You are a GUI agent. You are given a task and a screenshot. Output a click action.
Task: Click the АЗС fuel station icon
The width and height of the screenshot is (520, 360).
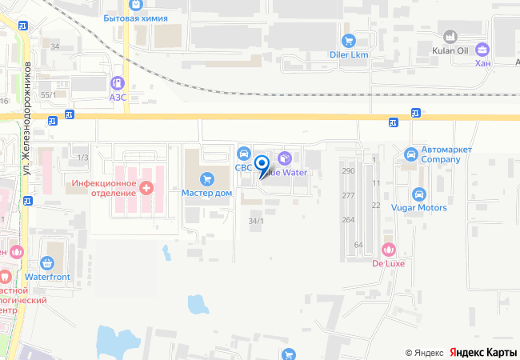(x=118, y=82)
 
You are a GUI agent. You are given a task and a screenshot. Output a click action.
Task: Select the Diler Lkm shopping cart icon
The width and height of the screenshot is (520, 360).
(x=348, y=40)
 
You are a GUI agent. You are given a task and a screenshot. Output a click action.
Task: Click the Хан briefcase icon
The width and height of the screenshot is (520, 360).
(x=482, y=48)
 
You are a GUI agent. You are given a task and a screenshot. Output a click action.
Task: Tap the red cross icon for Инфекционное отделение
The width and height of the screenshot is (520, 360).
(x=146, y=188)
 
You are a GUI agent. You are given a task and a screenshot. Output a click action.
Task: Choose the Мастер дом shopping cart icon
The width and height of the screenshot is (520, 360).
(x=207, y=178)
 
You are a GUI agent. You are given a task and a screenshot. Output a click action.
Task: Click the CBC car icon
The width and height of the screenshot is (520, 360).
(x=244, y=153)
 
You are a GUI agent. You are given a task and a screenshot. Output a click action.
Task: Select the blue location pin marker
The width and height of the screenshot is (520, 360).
(x=262, y=164)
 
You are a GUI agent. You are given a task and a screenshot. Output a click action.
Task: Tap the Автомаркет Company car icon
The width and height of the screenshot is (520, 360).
(x=411, y=153)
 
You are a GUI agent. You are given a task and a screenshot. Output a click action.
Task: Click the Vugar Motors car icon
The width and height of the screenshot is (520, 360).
(x=418, y=194)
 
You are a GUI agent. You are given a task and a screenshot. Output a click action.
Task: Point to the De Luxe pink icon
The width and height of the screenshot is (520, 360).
(x=390, y=249)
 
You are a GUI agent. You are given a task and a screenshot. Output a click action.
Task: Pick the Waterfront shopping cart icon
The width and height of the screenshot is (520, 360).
(x=46, y=262)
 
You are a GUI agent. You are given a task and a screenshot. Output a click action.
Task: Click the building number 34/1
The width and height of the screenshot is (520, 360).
(x=256, y=221)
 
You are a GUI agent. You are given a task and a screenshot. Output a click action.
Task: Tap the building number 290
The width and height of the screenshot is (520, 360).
(x=348, y=171)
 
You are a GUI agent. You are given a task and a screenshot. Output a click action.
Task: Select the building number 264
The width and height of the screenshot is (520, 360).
(x=348, y=219)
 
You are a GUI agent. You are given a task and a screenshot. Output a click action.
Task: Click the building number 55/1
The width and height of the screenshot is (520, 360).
(x=48, y=95)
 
